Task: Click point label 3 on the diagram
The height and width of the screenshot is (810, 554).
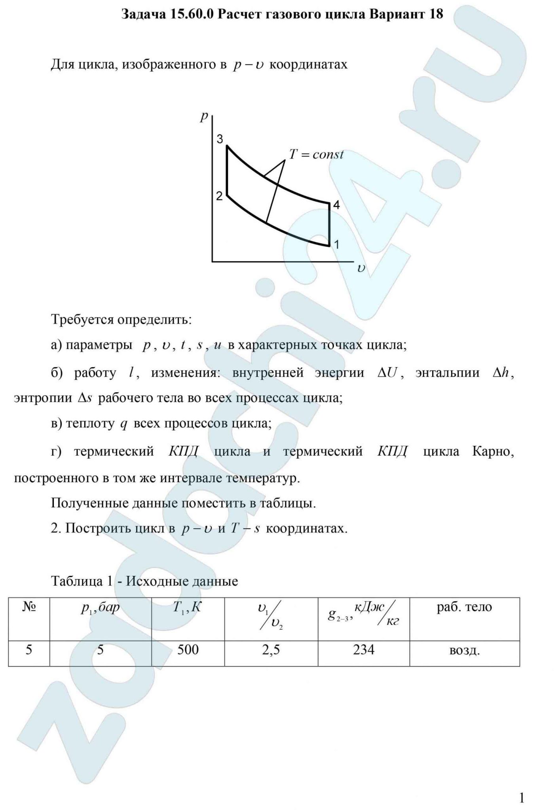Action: [220, 139]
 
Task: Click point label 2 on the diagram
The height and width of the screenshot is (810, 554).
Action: [219, 196]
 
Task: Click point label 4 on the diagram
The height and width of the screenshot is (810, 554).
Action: [336, 205]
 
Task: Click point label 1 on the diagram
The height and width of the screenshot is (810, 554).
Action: [336, 245]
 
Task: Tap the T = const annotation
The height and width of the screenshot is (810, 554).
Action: [316, 154]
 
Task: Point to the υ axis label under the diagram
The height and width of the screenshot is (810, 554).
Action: [361, 269]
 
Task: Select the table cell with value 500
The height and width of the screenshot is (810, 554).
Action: [188, 649]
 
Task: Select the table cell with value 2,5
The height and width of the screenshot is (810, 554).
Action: [271, 649]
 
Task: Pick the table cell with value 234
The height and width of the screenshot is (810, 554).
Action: [364, 649]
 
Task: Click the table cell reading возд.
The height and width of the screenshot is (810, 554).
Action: [465, 650]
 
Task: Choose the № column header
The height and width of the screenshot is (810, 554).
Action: [29, 607]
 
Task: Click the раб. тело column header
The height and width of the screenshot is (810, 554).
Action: [464, 607]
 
